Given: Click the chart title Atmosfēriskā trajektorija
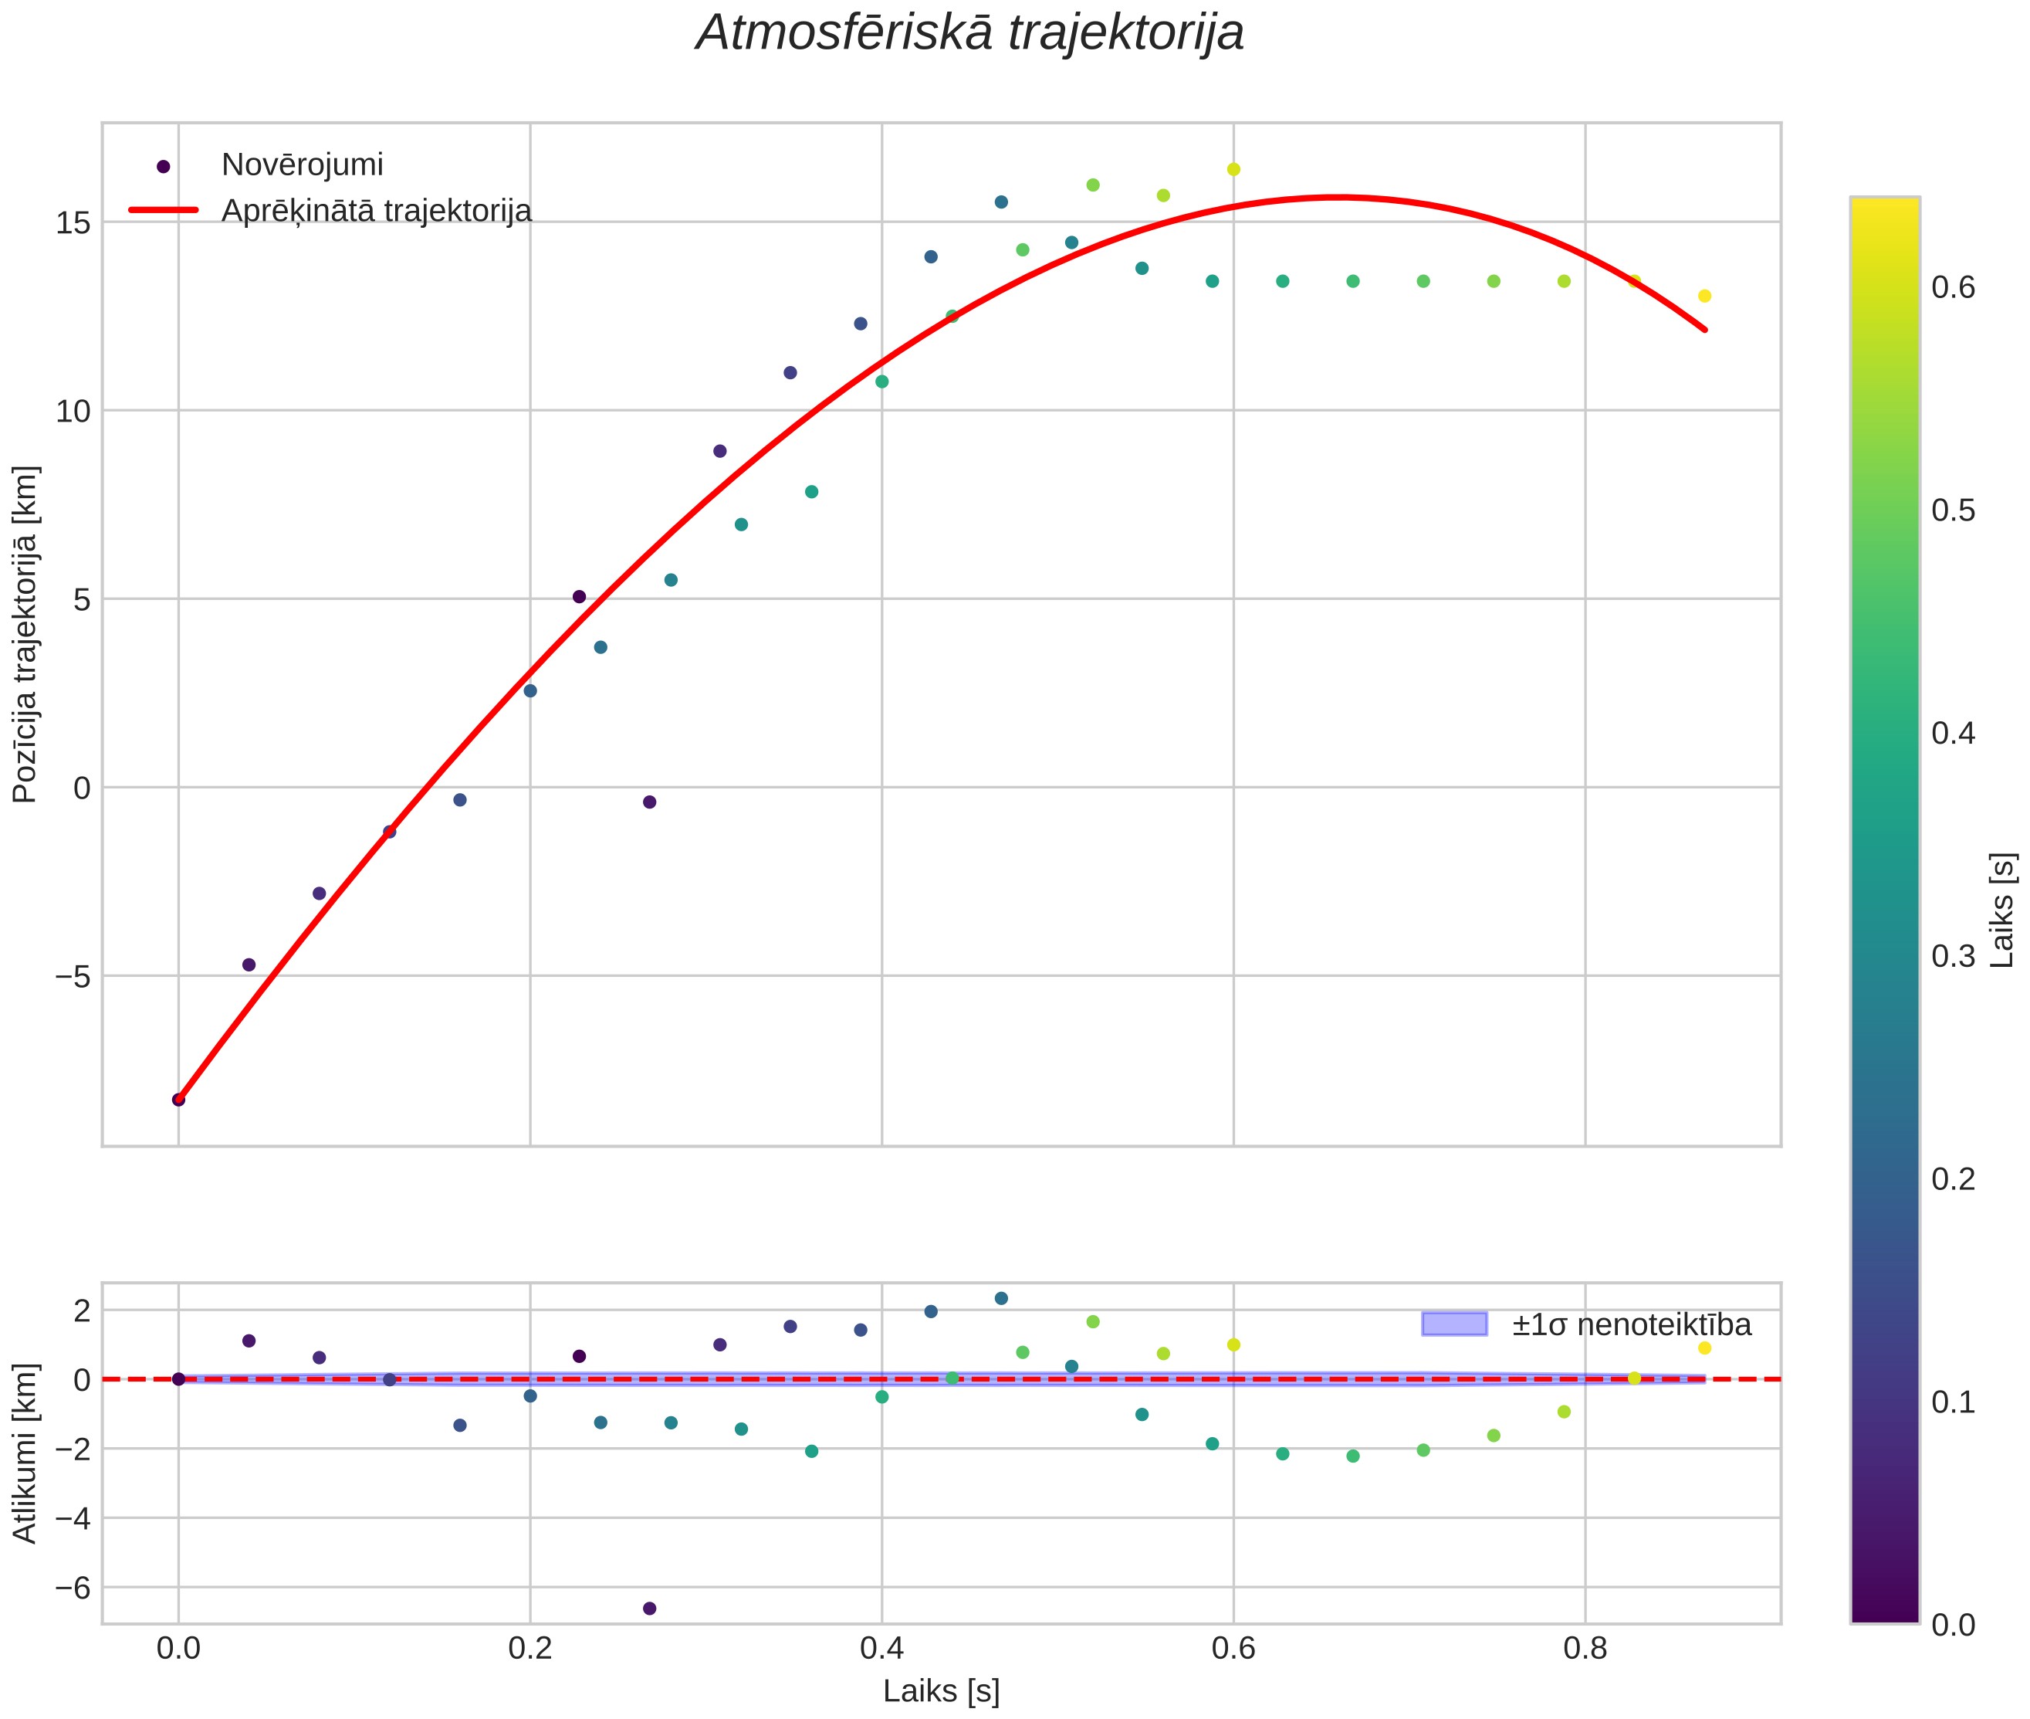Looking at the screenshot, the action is point(969,33).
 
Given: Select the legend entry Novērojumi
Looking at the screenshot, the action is point(302,164).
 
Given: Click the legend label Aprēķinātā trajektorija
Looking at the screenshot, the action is point(376,211).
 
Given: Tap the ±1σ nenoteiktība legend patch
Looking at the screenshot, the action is point(1454,1324).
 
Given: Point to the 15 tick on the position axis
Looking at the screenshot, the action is point(73,223).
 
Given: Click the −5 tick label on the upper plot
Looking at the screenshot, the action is point(67,975).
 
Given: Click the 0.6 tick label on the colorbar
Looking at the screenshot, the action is point(1953,287).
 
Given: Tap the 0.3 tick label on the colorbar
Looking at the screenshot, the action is point(1953,956).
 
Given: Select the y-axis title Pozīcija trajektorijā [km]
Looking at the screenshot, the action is point(25,635).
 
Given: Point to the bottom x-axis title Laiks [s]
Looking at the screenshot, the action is point(941,1692).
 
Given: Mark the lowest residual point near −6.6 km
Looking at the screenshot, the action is point(650,1608).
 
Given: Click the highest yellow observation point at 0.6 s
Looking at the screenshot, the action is point(1233,170).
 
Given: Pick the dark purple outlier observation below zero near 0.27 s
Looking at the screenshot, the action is point(650,802).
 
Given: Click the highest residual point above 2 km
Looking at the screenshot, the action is point(1001,1298).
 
